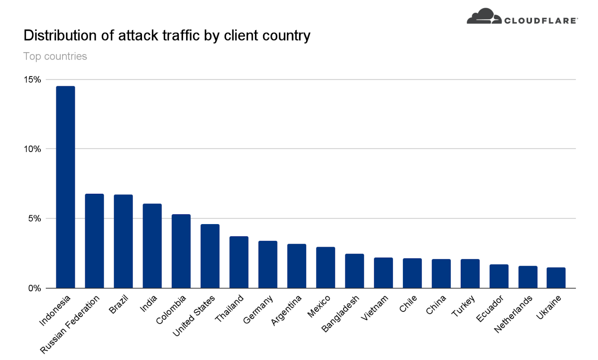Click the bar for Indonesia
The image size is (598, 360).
[65, 187]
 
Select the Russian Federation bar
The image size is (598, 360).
[94, 241]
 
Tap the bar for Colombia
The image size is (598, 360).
[181, 251]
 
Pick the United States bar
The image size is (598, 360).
[210, 256]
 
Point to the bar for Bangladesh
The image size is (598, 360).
[354, 271]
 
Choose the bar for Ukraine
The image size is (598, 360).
[556, 277]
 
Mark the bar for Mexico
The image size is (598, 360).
[326, 267]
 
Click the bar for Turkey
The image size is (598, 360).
[470, 273]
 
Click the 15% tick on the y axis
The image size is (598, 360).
[32, 80]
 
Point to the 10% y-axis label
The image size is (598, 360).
[32, 149]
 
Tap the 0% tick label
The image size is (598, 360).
[34, 288]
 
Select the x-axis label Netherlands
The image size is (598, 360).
[513, 314]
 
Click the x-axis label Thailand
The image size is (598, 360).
[229, 308]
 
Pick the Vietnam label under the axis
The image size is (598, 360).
[374, 308]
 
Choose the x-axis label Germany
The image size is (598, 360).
[258, 310]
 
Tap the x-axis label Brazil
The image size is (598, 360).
[118, 304]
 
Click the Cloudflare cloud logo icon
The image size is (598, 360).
[484, 16]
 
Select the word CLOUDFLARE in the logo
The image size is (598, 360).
[540, 21]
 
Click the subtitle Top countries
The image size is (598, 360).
[55, 56]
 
